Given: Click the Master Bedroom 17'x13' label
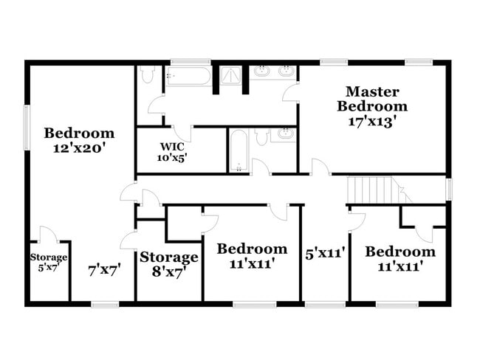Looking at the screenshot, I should [x=372, y=106].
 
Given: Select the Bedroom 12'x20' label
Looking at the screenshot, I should [x=79, y=139].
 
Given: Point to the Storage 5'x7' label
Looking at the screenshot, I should [x=49, y=262].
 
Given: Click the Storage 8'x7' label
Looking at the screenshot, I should [x=169, y=263].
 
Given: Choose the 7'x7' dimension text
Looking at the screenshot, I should [x=104, y=269].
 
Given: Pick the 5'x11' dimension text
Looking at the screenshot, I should [x=325, y=254].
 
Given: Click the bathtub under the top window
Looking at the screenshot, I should [x=188, y=76].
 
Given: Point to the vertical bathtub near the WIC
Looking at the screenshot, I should [x=238, y=151].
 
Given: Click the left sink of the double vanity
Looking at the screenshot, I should [x=263, y=72].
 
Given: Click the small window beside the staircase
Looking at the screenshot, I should [x=448, y=189].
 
